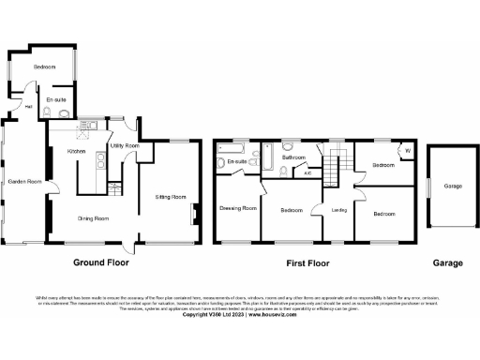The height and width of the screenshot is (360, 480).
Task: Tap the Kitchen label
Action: (x=77, y=151)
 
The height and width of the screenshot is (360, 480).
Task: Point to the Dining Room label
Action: (x=94, y=218)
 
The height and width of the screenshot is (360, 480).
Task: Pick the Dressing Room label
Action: (x=238, y=208)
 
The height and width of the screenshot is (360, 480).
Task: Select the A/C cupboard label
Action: (x=307, y=172)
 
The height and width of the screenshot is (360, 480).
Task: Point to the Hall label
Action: (x=29, y=107)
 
